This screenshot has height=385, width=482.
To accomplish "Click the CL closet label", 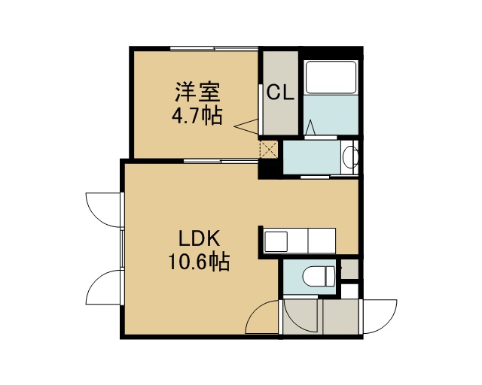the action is pos(279,92).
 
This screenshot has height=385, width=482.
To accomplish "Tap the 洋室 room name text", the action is pos(197,92).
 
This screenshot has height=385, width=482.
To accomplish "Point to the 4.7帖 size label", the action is pos(197,116).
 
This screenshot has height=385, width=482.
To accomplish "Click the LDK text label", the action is pos(200,238).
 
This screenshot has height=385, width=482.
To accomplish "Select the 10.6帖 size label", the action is pos(199,262).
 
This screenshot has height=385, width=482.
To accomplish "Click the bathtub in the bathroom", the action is pos(331,77).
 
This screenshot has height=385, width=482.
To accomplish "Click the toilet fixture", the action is pos(318,275).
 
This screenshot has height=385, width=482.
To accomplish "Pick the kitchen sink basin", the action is pos(276,241).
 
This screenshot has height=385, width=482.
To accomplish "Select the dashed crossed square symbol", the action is pos(269,150).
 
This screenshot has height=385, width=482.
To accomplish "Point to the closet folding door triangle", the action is pos(246,126).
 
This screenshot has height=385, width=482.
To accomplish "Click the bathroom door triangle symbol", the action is pos(311,127).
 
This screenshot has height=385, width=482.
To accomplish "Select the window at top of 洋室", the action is pos(214,48).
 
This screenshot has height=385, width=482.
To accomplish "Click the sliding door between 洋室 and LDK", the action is pos(221,161).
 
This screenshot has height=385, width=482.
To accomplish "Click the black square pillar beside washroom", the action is pos(270,169).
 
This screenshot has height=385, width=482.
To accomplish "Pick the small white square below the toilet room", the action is pos(349,291).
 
